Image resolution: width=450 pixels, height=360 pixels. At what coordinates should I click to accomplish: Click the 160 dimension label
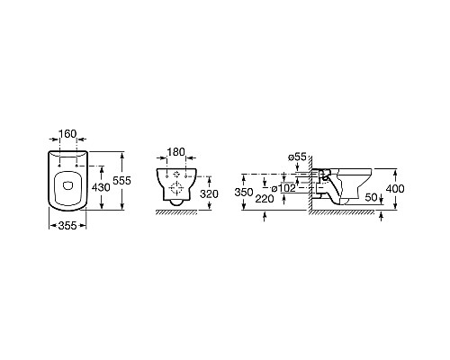(67, 133)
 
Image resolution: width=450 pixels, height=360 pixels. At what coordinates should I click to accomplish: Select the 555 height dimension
(121, 181)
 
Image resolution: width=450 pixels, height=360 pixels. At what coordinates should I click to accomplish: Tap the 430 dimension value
(101, 187)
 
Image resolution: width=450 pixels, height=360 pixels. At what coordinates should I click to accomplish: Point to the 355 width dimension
(67, 225)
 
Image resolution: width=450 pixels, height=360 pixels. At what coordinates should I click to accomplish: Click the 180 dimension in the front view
(175, 152)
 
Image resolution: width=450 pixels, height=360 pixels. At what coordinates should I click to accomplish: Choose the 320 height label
(209, 194)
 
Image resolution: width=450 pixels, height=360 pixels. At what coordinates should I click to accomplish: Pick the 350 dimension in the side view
(244, 192)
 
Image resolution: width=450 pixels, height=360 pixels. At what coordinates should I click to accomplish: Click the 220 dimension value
(265, 199)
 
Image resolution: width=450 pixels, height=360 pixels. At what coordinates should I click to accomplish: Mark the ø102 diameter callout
(283, 189)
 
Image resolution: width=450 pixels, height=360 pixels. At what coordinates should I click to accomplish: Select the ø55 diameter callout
(297, 157)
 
